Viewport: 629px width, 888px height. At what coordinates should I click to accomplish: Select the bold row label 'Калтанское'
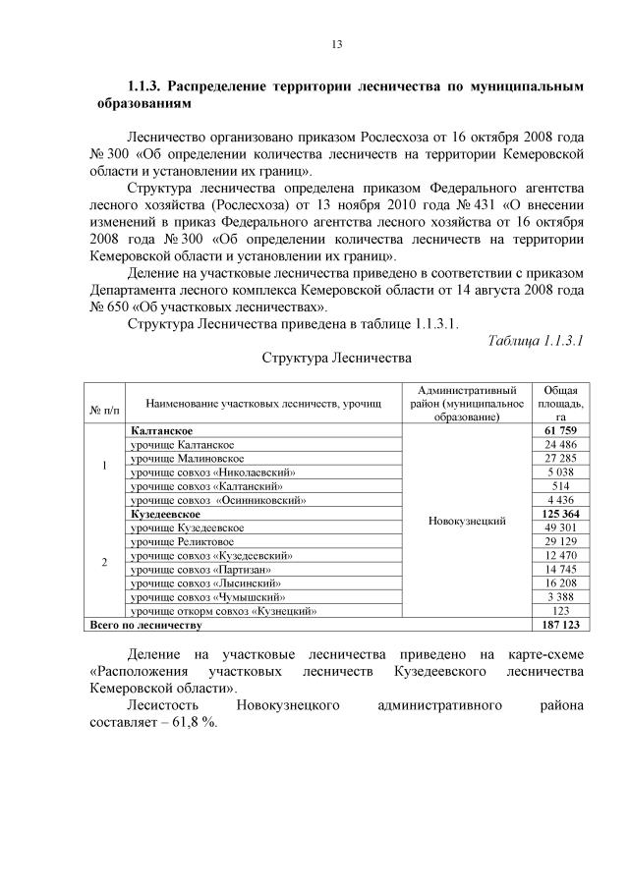[x=161, y=430]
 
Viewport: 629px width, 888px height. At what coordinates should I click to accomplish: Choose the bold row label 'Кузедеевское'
[x=165, y=514]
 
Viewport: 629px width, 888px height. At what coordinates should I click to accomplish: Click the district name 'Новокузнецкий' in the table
[x=468, y=521]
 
